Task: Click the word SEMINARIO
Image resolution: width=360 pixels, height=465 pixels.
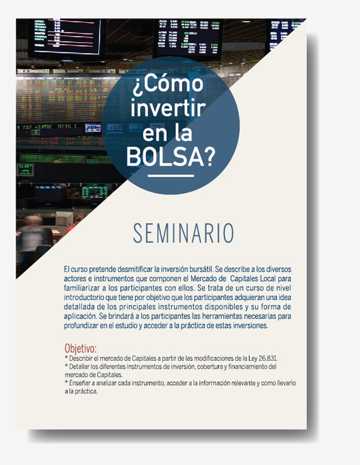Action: pos(183,233)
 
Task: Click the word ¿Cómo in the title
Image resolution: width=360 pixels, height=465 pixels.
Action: pos(168,84)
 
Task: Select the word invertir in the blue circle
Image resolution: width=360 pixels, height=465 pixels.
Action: pos(168,108)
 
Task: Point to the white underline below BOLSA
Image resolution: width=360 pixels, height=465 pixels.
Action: pos(171,176)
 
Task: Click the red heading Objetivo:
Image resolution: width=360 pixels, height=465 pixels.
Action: pos(81,348)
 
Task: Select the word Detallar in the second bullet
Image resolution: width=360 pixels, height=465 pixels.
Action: pos(79,367)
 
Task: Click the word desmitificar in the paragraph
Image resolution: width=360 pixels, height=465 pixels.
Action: pos(135,269)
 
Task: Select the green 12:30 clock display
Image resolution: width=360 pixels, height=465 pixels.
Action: pos(25,169)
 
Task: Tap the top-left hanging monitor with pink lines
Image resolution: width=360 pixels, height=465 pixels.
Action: pos(67,37)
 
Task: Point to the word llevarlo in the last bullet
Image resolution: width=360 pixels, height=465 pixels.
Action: pos(287,383)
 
